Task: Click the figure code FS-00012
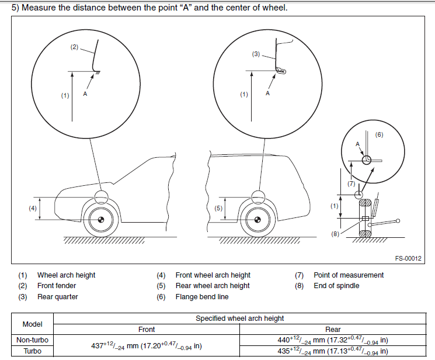pyautogui.click(x=408, y=258)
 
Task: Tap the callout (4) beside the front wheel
pyautogui.click(x=34, y=207)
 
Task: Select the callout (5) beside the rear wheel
pyautogui.click(x=219, y=208)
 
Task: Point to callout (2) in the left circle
pyautogui.click(x=74, y=47)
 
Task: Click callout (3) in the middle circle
pyautogui.click(x=256, y=54)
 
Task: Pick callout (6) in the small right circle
pyautogui.click(x=378, y=134)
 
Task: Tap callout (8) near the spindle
pyautogui.click(x=335, y=234)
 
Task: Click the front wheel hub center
pyautogui.click(x=100, y=220)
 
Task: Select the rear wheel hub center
pyautogui.click(x=254, y=220)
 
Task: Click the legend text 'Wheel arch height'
pyautogui.click(x=66, y=275)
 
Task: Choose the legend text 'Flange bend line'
pyautogui.click(x=201, y=297)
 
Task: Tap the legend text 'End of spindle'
pyautogui.click(x=336, y=286)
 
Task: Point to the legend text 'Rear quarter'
pyautogui.click(x=57, y=297)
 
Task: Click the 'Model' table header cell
pyautogui.click(x=32, y=324)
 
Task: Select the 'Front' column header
pyautogui.click(x=147, y=330)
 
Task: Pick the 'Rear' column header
pyautogui.click(x=333, y=330)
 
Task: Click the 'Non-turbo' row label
pyautogui.click(x=32, y=340)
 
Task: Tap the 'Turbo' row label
pyautogui.click(x=32, y=351)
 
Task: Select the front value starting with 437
pyautogui.click(x=147, y=345)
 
